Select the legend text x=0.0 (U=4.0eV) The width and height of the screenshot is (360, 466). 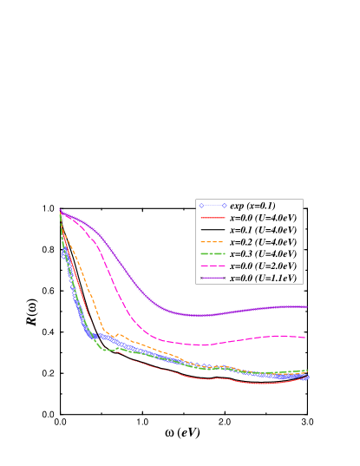pos(264,217)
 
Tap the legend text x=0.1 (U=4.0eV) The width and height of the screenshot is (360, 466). pos(264,229)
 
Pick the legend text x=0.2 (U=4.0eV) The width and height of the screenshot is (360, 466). pos(264,241)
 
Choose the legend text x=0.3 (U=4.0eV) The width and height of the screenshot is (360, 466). pos(264,253)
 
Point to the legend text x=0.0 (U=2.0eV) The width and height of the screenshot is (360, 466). pos(264,266)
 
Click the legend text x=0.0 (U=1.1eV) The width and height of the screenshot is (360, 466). pos(264,278)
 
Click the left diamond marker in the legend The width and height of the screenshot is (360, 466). pos(201,205)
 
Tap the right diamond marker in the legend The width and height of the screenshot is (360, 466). pos(224,205)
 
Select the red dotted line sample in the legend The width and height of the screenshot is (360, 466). pos(213,217)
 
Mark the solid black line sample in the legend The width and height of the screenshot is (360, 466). pos(213,229)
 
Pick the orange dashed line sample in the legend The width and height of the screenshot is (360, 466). pos(213,241)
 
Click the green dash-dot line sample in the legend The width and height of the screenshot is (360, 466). pos(213,253)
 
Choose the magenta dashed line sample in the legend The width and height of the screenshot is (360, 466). pos(213,266)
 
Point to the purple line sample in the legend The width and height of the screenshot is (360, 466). pos(213,278)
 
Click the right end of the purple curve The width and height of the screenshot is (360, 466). pos(306,306)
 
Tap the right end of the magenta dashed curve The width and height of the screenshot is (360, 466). pos(304,337)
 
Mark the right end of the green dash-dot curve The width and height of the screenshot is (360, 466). pos(307,371)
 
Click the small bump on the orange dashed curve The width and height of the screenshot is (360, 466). pos(119,334)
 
